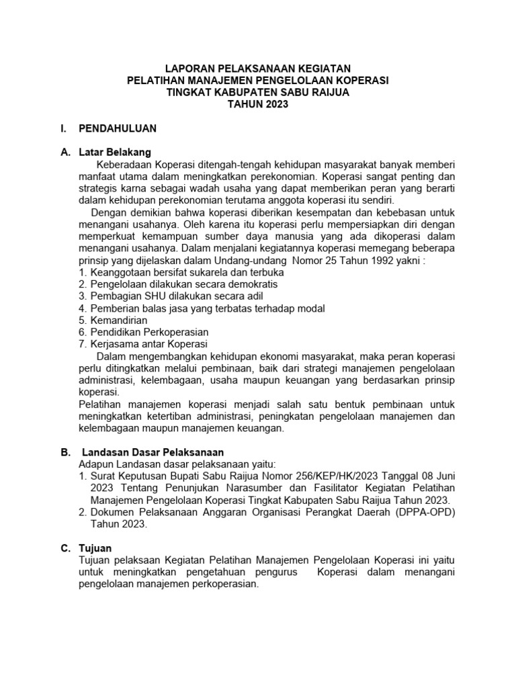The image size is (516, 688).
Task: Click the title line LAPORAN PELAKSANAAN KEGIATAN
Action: pos(258,69)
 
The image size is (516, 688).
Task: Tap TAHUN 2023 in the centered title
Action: pos(258,104)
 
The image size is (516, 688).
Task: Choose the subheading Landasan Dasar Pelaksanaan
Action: pos(153,452)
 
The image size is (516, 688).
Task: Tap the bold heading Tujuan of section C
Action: pos(95,548)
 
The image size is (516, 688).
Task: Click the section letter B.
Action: pos(65,452)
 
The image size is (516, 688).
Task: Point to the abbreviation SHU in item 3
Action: pos(150,296)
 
